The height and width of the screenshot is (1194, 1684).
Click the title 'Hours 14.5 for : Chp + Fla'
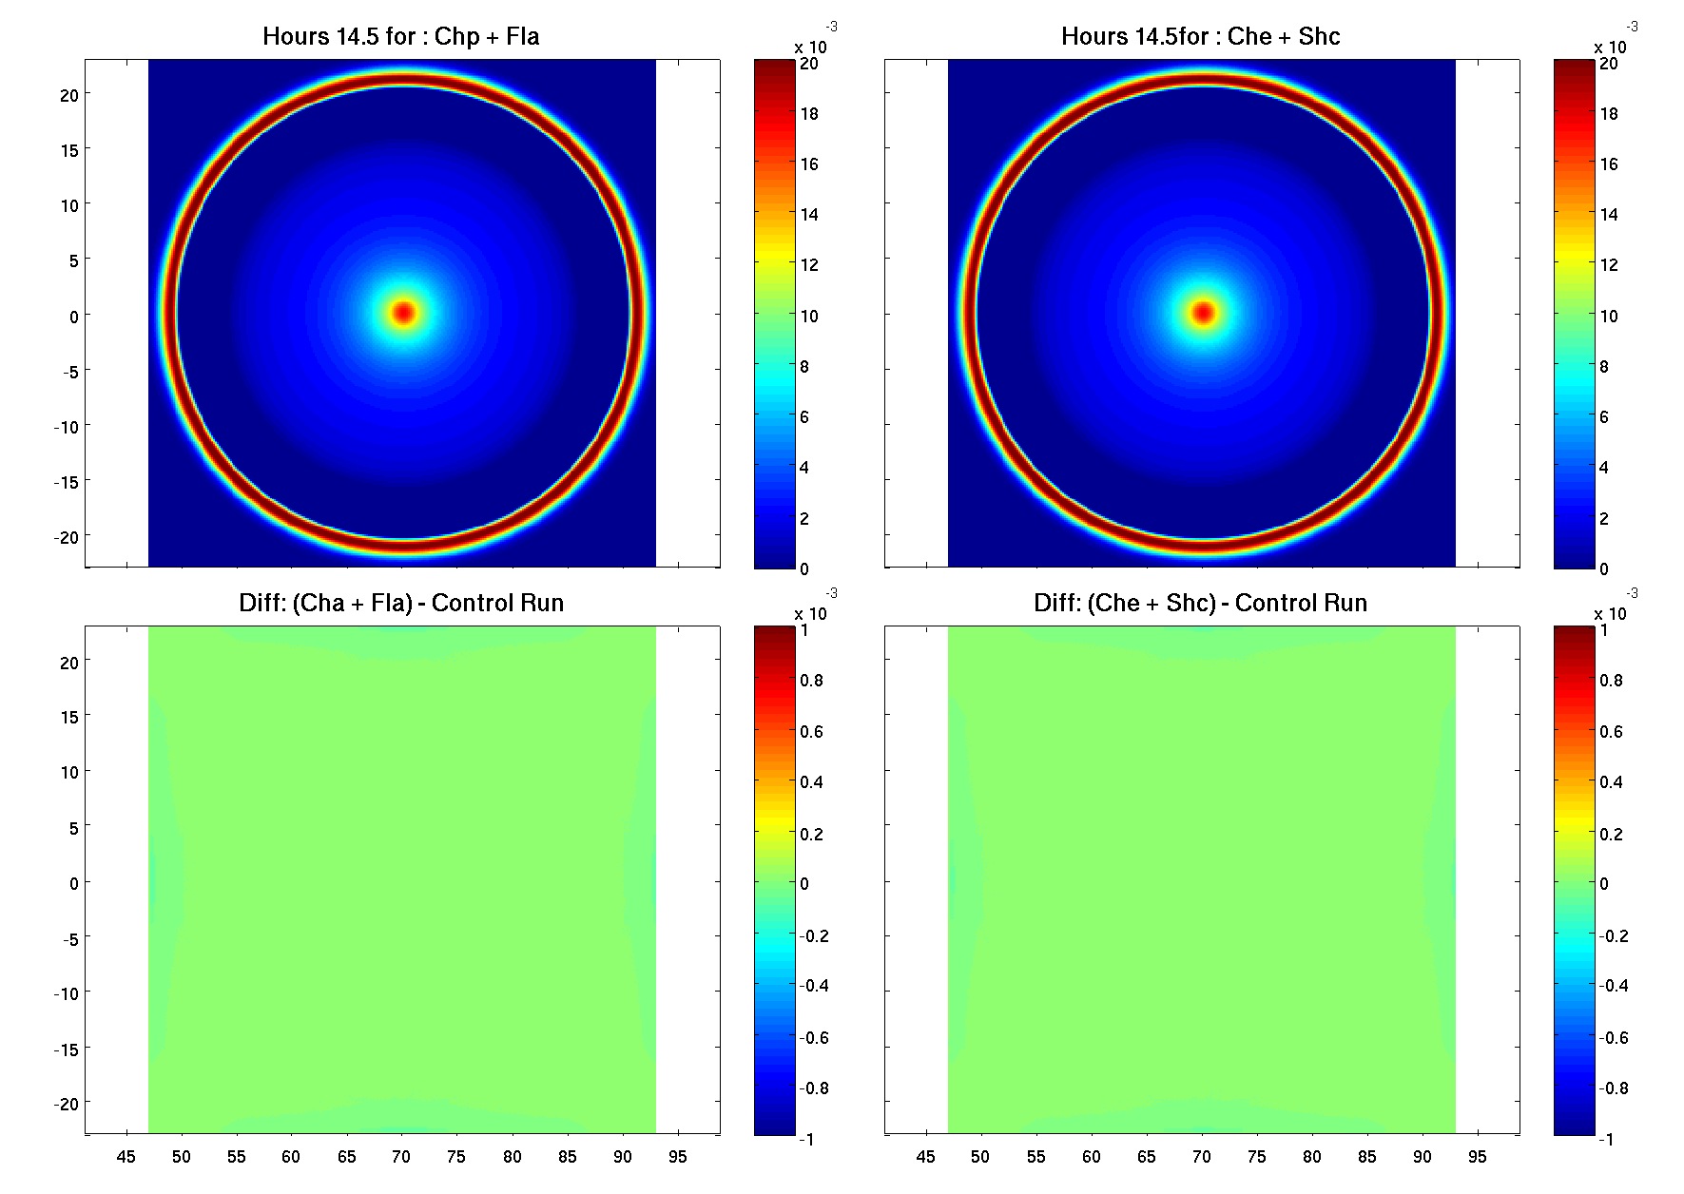pos(400,37)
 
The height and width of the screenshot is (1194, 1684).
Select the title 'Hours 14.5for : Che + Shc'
pos(1200,37)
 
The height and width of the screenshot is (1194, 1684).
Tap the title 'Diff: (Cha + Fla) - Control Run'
pos(400,604)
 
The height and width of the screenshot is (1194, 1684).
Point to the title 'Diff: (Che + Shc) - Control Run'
pos(1200,604)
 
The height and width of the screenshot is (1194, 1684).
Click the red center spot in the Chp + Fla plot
pos(404,313)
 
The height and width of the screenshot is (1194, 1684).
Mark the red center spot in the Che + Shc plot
pos(1204,313)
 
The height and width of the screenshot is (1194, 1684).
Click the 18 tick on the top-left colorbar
pos(808,114)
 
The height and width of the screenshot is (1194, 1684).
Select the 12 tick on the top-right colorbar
pos(1608,265)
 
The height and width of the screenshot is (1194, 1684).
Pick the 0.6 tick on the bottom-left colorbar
pos(811,732)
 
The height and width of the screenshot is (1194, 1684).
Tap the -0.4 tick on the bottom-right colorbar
pos(1614,986)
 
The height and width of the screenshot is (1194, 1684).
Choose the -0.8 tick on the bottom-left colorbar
pos(814,1088)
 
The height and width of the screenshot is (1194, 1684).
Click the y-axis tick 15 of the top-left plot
pos(69,150)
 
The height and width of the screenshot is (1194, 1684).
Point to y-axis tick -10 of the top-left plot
pos(66,427)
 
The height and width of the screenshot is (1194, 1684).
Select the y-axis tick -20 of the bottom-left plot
pos(66,1105)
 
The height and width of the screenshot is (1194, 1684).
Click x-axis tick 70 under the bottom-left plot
pos(401,1157)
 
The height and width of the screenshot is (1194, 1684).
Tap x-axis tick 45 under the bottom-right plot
pos(925,1157)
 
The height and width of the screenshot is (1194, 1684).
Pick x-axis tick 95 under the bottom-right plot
pos(1477,1157)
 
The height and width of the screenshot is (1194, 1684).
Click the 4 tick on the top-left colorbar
pos(804,468)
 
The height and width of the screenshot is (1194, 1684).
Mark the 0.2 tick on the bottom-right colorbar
pos(1611,835)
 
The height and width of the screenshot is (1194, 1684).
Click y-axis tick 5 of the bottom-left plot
pos(73,828)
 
